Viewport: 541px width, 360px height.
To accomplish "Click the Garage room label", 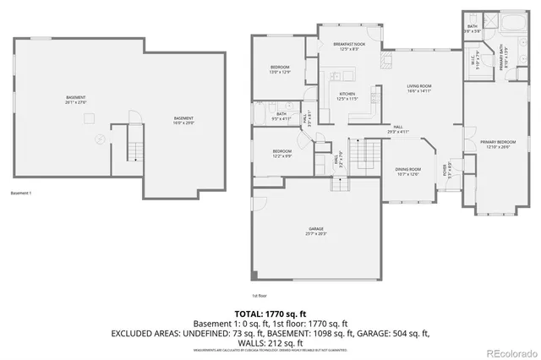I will pyautogui.click(x=316, y=231).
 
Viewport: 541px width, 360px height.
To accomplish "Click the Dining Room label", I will pyautogui.click(x=407, y=172).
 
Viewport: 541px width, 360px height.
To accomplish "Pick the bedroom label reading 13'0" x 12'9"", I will pyautogui.click(x=281, y=69).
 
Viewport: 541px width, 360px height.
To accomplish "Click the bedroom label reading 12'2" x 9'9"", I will pyautogui.click(x=281, y=154).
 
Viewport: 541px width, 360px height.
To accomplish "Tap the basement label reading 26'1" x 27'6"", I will pyautogui.click(x=76, y=100).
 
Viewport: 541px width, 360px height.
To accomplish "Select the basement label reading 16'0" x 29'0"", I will pyautogui.click(x=183, y=119).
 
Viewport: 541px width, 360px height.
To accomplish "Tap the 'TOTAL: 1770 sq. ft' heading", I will pyautogui.click(x=270, y=314).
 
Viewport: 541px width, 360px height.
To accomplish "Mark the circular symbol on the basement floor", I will pyautogui.click(x=100, y=139).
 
